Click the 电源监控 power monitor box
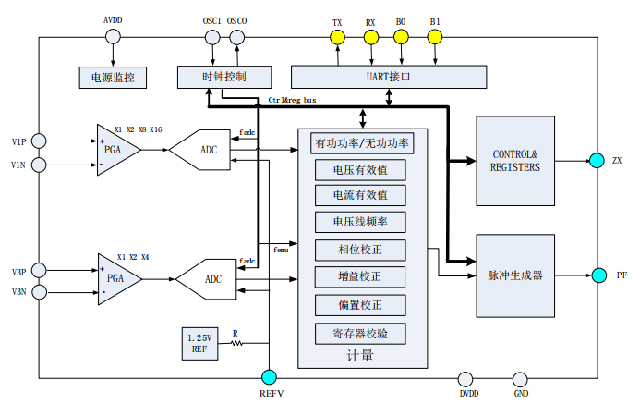pos(114,78)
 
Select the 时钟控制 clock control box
pos(223,78)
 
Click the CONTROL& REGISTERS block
pos(515,161)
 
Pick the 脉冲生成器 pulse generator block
pos(515,275)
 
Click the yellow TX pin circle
pos(337,37)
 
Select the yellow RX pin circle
pos(370,37)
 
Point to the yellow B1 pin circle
pos(435,37)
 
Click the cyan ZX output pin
pos(596,161)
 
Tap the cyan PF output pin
pos(596,275)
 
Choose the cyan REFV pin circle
pos(269,377)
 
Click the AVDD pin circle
pos(113,37)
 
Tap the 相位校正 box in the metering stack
pos(359,250)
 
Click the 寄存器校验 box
pos(359,333)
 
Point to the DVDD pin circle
pos(468,377)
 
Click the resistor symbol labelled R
pos(235,343)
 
